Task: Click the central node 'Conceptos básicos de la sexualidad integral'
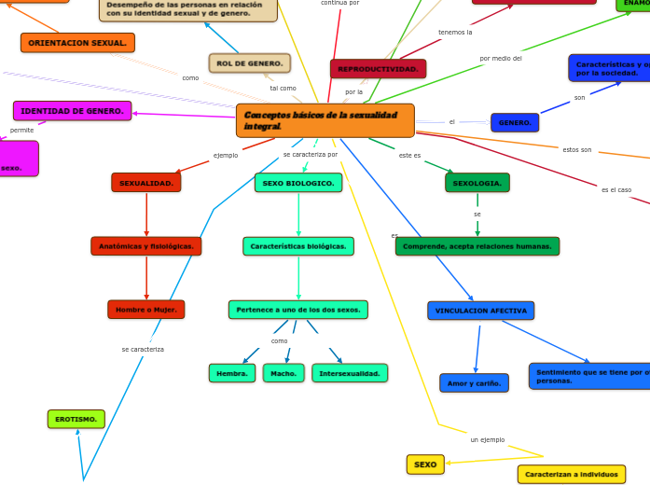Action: point(325,120)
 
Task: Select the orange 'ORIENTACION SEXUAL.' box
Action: point(77,43)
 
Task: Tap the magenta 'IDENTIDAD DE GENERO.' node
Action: point(72,111)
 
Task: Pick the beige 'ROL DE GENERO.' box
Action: point(249,63)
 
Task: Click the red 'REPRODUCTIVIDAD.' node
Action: point(378,69)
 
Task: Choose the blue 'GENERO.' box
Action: point(515,123)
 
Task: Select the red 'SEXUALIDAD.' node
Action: point(146,183)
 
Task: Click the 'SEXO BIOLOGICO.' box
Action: point(298,183)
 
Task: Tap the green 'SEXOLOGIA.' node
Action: point(477,183)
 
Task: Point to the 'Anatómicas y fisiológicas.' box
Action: point(146,246)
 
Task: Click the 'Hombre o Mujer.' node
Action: point(146,310)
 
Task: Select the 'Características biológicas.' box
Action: point(298,246)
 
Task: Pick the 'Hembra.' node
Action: point(232,373)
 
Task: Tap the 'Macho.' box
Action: point(284,373)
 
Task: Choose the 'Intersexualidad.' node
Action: point(350,373)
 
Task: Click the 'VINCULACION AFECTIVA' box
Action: point(481,311)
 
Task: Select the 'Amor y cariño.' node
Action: point(474,383)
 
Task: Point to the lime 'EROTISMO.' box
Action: point(76,420)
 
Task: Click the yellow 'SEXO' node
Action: point(425,464)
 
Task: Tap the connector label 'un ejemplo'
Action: point(487,439)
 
